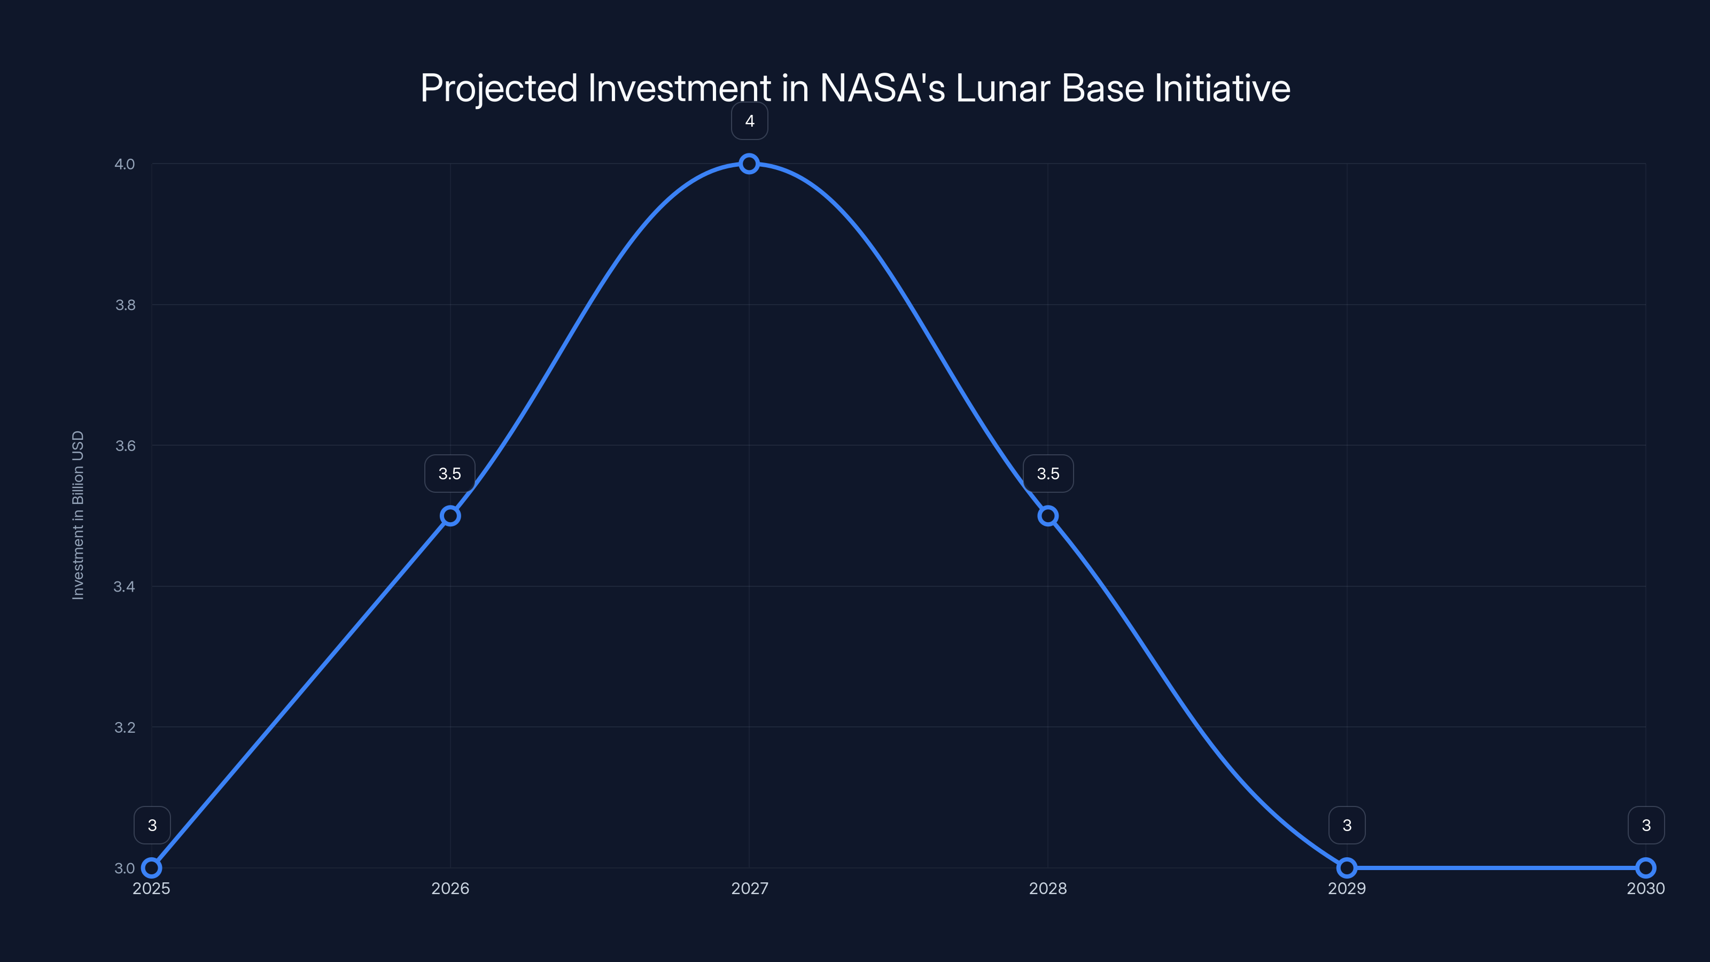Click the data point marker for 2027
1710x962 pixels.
pyautogui.click(x=749, y=164)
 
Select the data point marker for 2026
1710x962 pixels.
pyautogui.click(x=450, y=516)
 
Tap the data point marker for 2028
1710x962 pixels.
pyautogui.click(x=1048, y=516)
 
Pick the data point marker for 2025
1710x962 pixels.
pyautogui.click(x=152, y=868)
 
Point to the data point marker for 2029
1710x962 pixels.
pyautogui.click(x=1347, y=868)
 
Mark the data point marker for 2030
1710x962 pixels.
pyautogui.click(x=1646, y=868)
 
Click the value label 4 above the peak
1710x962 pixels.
pyautogui.click(x=749, y=121)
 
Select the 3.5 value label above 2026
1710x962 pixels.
pyautogui.click(x=449, y=474)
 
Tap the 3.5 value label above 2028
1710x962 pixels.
pyautogui.click(x=1048, y=474)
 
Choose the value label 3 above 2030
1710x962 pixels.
pyautogui.click(x=1646, y=825)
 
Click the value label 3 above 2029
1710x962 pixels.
pyautogui.click(x=1347, y=825)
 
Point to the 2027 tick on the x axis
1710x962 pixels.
pyautogui.click(x=749, y=888)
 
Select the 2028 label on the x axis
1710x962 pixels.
pyautogui.click(x=1048, y=888)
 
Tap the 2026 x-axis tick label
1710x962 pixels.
pyautogui.click(x=450, y=888)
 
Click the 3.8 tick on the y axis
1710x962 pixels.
pyautogui.click(x=125, y=305)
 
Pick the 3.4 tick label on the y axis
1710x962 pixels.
pyautogui.click(x=125, y=586)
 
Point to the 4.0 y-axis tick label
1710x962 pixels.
pyautogui.click(x=125, y=164)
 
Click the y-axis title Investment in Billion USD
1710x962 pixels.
pyautogui.click(x=77, y=515)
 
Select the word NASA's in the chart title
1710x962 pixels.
pyautogui.click(x=882, y=88)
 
